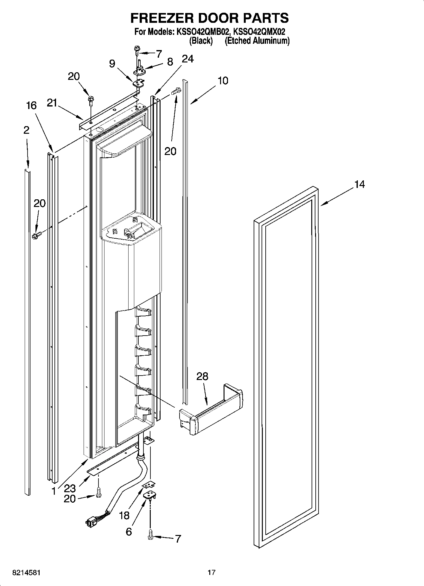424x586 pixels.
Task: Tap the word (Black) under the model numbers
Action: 201,41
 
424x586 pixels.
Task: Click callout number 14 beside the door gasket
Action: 359,184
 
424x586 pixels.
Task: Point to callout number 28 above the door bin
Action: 202,377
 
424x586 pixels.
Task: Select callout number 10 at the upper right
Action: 223,81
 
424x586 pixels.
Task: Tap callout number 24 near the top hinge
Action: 187,59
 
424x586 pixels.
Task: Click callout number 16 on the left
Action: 31,106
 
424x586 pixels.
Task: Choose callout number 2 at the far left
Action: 26,130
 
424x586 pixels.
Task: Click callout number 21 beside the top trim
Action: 52,103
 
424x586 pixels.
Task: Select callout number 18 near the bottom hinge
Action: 124,516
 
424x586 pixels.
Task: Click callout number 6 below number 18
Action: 129,531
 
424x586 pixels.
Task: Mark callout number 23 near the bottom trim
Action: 70,488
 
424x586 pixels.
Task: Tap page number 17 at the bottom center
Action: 212,572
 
